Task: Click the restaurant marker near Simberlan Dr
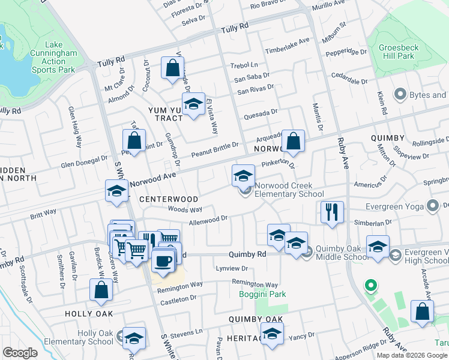click(331, 212)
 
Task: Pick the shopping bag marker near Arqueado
click(293, 142)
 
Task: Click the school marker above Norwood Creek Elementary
click(243, 176)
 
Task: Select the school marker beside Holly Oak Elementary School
click(134, 338)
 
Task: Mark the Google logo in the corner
click(20, 353)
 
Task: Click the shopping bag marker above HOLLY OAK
click(101, 290)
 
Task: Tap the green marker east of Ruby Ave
click(370, 286)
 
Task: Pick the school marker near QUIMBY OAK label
click(272, 334)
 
